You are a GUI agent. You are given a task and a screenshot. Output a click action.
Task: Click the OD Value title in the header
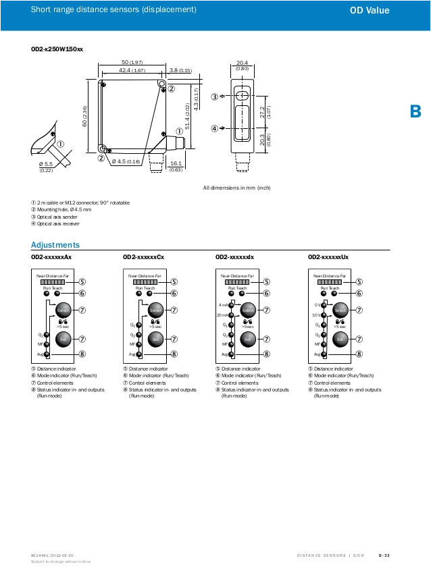point(388,10)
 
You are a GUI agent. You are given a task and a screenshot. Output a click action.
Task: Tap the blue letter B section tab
point(416,111)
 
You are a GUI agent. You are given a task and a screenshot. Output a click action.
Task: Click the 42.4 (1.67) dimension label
point(132,70)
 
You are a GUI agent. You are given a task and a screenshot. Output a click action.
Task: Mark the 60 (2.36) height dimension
point(85,116)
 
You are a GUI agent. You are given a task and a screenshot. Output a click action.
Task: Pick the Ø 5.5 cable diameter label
point(46,164)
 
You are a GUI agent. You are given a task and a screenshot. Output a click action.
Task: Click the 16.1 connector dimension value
point(176,163)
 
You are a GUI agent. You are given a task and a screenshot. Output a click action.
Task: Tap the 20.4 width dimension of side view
point(242,62)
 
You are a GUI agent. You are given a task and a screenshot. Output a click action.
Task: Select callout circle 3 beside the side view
point(215,97)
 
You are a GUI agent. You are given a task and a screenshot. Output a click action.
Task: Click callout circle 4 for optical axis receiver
point(215,128)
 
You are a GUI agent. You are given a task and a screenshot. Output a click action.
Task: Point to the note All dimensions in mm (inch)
point(236,187)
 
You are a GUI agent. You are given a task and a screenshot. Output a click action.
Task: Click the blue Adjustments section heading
point(55,245)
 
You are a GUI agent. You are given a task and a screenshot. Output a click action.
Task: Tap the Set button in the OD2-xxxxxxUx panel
point(340,338)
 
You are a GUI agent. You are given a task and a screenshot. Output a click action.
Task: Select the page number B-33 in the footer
point(384,555)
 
